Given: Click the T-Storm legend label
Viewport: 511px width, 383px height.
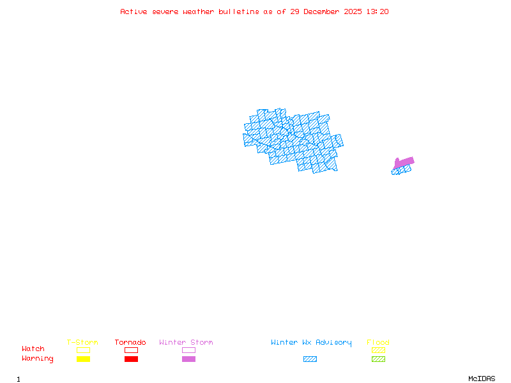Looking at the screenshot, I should tap(82, 343).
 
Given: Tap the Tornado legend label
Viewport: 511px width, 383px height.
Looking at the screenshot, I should tap(130, 343).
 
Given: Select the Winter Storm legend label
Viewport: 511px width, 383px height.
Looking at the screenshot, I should tap(186, 343).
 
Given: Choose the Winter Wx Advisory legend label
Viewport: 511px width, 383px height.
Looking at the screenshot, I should tap(311, 343).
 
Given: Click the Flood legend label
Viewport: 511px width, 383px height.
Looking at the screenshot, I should tap(378, 343).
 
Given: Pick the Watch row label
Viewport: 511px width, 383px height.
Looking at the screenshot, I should tap(33, 349).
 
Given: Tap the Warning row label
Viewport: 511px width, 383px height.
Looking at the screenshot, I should tap(38, 359).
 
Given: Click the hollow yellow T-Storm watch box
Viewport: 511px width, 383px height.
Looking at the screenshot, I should tap(83, 350).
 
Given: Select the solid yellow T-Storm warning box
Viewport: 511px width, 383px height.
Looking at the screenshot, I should tap(83, 359).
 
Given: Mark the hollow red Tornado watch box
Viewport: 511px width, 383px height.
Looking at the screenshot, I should tap(131, 350).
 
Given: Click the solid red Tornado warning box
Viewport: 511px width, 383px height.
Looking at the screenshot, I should tap(131, 359).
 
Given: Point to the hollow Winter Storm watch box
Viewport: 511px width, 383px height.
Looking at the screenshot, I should tap(188, 350).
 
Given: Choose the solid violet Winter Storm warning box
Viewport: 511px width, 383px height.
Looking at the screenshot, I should tap(188, 359).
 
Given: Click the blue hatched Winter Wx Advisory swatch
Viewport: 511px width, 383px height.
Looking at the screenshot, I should tap(310, 359).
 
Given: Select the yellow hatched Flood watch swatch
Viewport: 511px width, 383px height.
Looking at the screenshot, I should tap(378, 350).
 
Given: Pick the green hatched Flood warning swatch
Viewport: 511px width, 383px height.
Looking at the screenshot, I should tap(378, 359).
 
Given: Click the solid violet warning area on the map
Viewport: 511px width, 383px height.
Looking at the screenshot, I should tap(404, 162).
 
